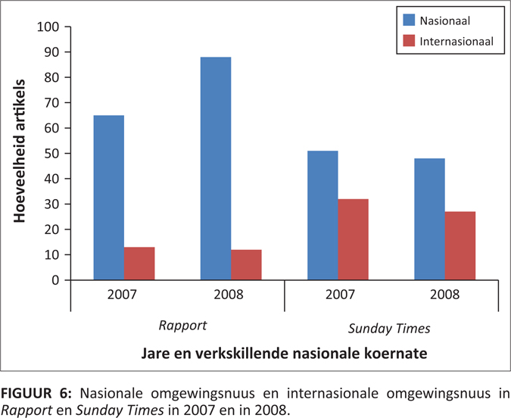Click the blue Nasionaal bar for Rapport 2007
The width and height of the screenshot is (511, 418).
click(x=108, y=198)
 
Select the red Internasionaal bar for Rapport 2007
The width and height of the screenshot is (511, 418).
click(x=139, y=264)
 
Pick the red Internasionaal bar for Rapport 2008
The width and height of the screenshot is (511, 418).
click(x=247, y=265)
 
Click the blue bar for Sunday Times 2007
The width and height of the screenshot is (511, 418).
click(x=322, y=215)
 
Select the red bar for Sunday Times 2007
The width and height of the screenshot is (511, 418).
click(x=354, y=239)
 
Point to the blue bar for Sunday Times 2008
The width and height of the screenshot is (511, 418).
click(x=429, y=219)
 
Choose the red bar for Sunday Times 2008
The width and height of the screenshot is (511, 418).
click(x=460, y=245)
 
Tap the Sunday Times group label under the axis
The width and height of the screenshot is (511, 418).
click(x=391, y=328)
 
